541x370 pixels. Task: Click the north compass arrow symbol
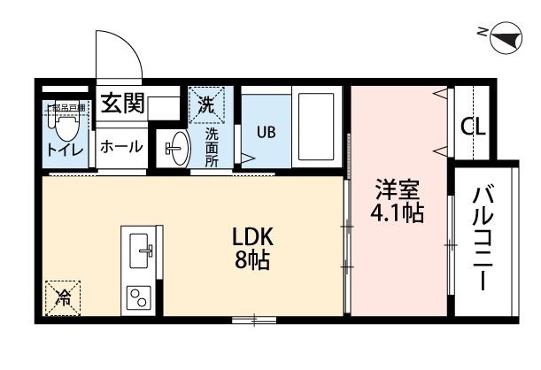(x=502, y=36)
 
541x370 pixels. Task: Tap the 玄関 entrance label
(x=122, y=104)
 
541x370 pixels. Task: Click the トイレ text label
(x=65, y=151)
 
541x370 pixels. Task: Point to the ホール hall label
(x=120, y=146)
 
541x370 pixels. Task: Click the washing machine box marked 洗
(x=206, y=104)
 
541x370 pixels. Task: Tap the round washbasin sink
(x=177, y=148)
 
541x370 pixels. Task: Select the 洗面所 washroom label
(x=213, y=147)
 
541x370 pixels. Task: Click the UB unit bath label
(x=266, y=132)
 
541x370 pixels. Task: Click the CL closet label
(x=473, y=126)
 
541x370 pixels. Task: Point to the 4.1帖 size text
(x=397, y=213)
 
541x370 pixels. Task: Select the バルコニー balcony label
(x=483, y=239)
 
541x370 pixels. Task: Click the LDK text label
(x=253, y=237)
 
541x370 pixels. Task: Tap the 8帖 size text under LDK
(x=252, y=261)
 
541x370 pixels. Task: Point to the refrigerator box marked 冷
(x=63, y=298)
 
